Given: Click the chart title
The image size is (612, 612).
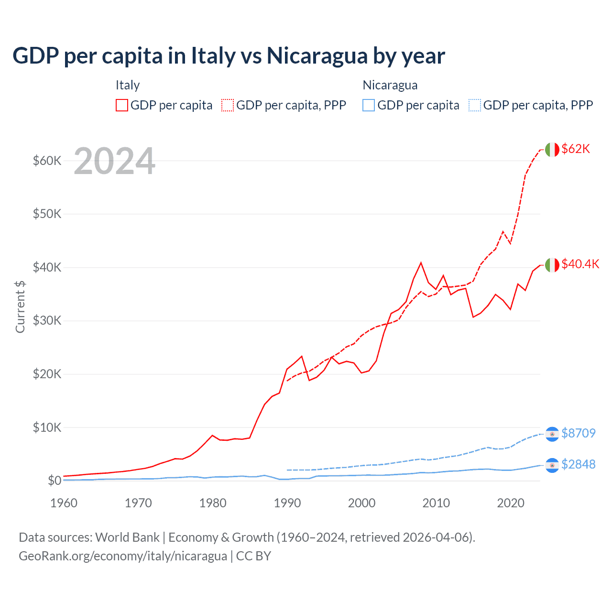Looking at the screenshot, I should tap(229, 56).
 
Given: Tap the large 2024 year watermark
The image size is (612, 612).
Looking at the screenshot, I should tap(114, 161).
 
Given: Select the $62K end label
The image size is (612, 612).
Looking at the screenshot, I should tap(576, 149).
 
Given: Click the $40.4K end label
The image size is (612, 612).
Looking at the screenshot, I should tap(580, 264).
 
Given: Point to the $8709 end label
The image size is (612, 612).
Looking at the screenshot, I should tap(578, 433).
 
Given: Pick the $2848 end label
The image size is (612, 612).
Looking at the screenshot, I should tap(578, 464).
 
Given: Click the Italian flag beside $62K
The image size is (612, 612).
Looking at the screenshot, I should tap(552, 150).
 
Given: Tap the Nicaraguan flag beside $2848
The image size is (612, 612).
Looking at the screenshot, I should tap(552, 465).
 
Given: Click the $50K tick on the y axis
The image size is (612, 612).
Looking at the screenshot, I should tap(47, 214).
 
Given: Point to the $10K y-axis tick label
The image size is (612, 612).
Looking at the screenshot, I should tap(47, 427).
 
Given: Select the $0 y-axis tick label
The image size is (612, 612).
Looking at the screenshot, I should tap(55, 481).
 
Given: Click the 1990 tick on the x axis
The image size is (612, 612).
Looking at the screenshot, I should tap(287, 503).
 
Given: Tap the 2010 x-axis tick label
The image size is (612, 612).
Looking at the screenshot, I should tap(436, 503).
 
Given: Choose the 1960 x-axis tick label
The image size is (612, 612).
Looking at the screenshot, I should tap(64, 503).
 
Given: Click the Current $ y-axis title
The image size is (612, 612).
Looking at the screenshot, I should tap(20, 306).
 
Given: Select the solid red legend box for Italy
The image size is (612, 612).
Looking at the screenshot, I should tap(122, 105).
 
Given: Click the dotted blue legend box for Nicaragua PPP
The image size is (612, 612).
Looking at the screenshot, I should tap(475, 105).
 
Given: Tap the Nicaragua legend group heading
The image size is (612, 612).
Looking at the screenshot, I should tap(390, 85).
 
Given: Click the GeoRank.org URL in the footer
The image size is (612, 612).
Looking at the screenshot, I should tap(123, 556).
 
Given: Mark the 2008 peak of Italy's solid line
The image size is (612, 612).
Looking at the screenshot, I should tap(421, 262).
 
